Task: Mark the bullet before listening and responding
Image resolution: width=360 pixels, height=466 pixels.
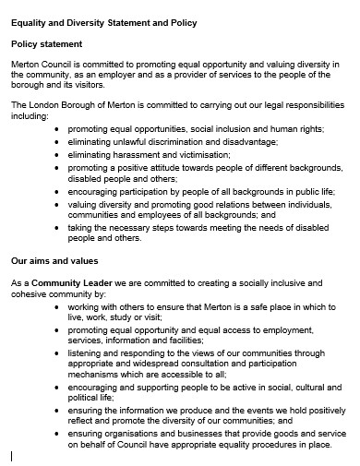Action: click(58, 352)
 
